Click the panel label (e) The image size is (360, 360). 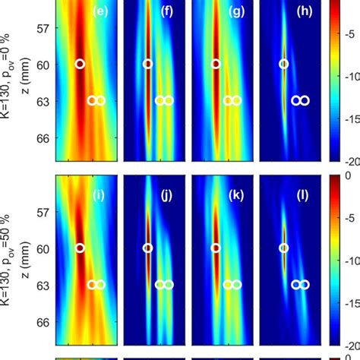tap(99, 11)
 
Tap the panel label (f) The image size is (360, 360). tap(166, 11)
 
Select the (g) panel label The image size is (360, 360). tap(235, 11)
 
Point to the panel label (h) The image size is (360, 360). tap(302, 11)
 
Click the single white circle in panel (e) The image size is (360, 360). tap(80, 65)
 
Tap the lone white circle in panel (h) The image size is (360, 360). tap(284, 65)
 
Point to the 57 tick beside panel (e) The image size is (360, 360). tap(44, 28)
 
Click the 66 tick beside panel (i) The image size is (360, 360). tap(44, 322)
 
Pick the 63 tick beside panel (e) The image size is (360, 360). tap(44, 101)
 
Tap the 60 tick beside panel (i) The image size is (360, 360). tap(44, 248)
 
